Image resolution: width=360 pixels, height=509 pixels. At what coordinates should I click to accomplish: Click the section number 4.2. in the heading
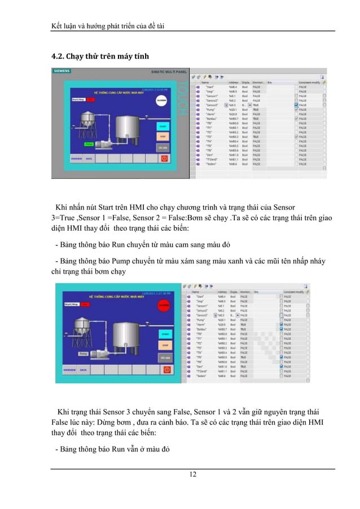pos(58,56)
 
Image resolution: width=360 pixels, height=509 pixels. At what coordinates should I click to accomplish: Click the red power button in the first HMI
pos(164,160)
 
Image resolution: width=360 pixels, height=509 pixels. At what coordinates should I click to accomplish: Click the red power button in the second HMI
pos(166,369)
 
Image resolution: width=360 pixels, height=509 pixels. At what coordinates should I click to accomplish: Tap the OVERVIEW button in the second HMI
pos(70,370)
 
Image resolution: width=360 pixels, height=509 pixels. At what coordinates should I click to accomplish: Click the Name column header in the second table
pos(197,292)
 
